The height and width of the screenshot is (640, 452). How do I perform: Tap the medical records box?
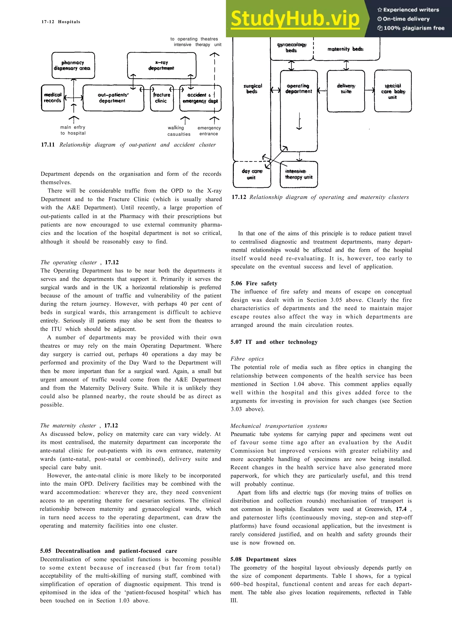point(53,98)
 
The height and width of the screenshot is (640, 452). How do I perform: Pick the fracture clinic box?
point(162,98)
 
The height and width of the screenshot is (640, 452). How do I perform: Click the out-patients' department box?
point(113,98)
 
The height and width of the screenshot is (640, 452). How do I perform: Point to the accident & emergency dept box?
point(200,98)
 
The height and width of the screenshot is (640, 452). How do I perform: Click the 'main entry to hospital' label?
point(73,130)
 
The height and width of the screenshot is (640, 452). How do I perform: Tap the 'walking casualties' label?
point(179,131)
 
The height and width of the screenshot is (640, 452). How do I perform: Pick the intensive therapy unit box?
point(299,174)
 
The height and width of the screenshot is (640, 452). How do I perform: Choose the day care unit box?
point(252,174)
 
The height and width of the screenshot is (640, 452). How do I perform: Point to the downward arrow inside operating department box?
point(299,121)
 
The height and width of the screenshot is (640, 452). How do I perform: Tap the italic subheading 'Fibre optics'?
point(247,359)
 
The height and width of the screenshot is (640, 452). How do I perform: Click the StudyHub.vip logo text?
point(295,18)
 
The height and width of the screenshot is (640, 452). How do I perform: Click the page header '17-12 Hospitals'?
point(61,22)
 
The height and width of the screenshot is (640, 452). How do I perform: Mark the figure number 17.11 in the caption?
point(48,145)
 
